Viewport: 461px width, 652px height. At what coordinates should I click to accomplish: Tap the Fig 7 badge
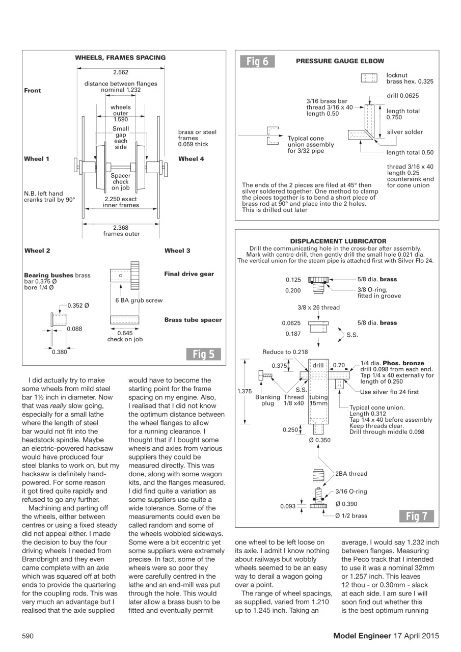416,517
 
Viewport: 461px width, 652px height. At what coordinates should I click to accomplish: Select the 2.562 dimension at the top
121,73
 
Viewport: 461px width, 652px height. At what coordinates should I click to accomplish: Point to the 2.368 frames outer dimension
121,231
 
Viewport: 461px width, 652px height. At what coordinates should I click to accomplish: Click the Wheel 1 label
37,159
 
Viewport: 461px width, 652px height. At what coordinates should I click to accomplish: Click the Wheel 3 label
177,251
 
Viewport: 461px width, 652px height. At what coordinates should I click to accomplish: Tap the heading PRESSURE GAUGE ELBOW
340,61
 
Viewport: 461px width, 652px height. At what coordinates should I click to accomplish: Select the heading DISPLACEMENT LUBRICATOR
338,241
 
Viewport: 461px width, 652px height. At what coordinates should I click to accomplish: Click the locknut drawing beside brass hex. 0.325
368,78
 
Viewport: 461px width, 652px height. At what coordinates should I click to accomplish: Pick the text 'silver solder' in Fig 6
404,132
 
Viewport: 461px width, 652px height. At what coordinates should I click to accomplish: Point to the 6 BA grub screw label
139,301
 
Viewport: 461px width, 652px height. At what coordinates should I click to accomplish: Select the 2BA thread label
351,474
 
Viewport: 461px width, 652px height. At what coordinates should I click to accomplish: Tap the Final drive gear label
189,274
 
